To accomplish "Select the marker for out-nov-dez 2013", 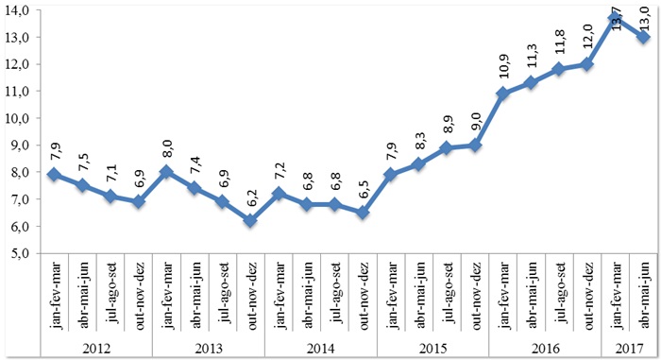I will pos(250,220).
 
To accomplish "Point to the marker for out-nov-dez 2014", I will pos(364,213).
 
